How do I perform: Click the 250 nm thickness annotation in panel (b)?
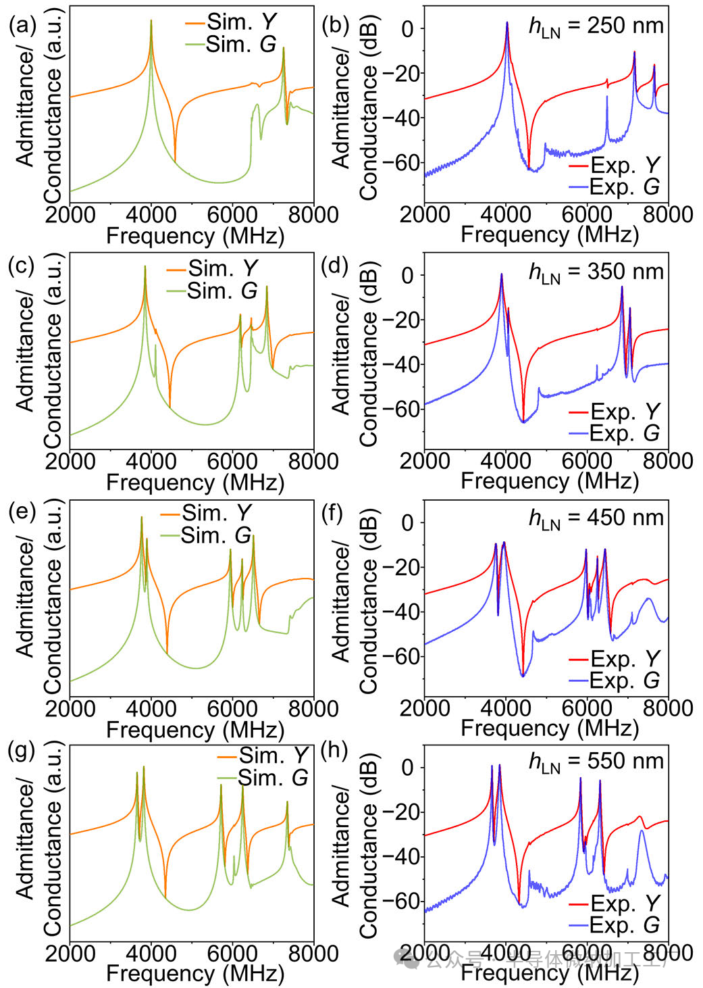click(596, 26)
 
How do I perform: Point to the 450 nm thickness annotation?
click(596, 518)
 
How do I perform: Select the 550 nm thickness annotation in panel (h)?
click(596, 762)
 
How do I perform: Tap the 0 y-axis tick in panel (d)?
click(408, 275)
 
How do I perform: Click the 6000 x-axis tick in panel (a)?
click(232, 215)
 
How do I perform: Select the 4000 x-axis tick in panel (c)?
click(151, 462)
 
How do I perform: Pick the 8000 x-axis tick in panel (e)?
click(313, 708)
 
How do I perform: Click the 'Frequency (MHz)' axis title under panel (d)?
click(550, 481)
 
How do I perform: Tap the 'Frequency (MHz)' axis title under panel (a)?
click(195, 236)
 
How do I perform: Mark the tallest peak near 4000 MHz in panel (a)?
click(151, 22)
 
